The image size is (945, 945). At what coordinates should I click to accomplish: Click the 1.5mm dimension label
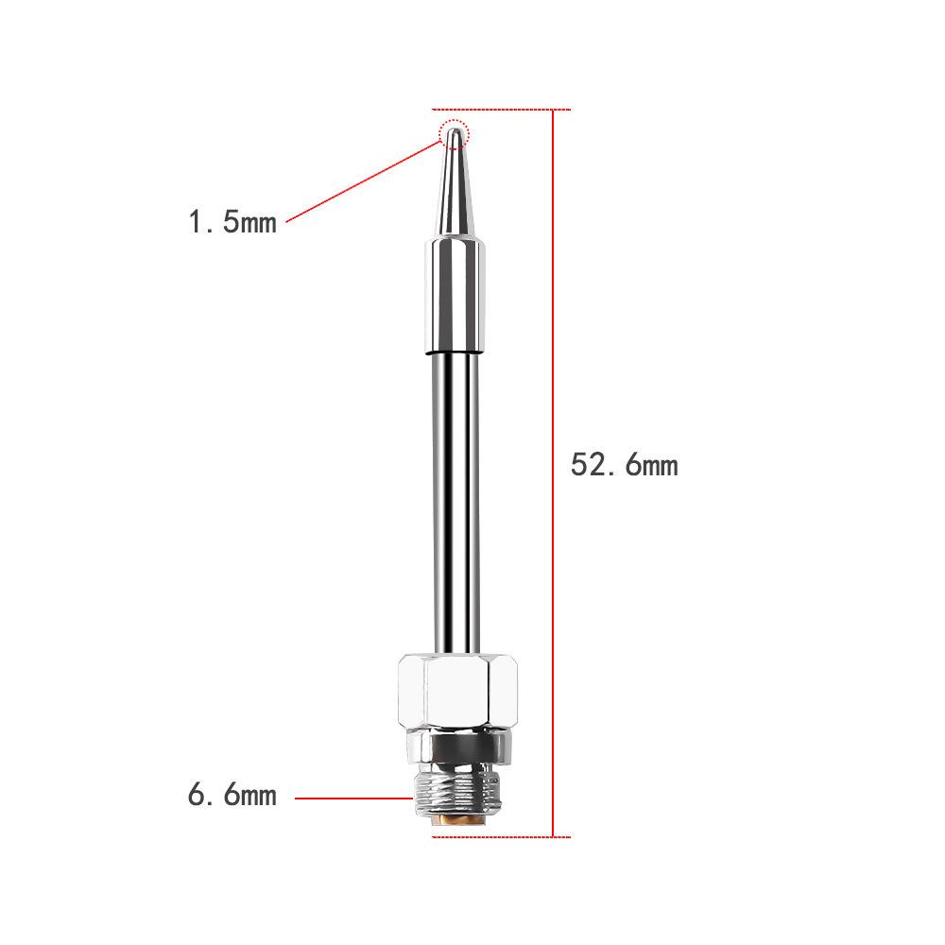tap(232, 223)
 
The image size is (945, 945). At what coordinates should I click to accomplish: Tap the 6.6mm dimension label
tap(232, 795)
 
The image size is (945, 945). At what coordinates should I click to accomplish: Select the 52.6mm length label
tap(625, 465)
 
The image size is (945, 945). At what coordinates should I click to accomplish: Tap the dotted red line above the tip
tap(501, 110)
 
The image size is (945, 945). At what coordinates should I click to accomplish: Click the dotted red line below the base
tap(501, 836)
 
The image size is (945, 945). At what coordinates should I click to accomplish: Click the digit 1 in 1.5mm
tap(196, 223)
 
